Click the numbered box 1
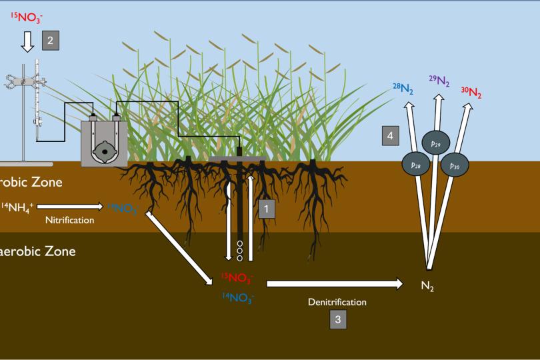[x=266, y=209]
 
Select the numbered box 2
[x=51, y=41]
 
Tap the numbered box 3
[x=337, y=319]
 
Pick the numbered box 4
[x=391, y=135]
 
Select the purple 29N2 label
[x=439, y=81]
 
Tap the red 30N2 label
[x=471, y=92]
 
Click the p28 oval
[x=415, y=163]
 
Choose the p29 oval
[x=436, y=143]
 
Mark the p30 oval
[x=455, y=164]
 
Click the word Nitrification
[x=69, y=220]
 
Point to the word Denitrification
[x=337, y=302]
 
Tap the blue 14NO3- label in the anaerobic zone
[x=237, y=298]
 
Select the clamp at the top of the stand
[x=25, y=81]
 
